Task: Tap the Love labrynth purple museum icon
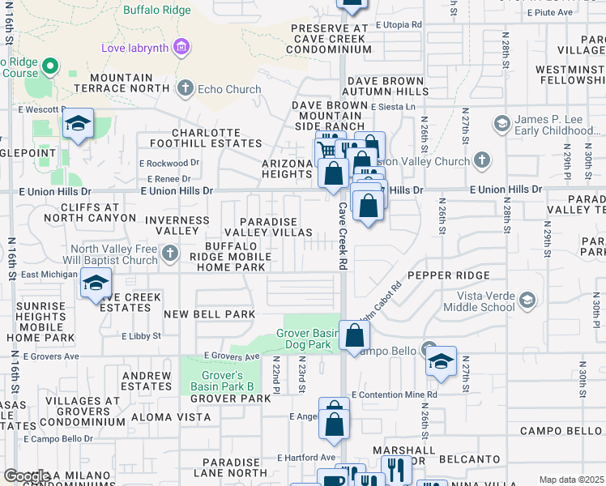182,47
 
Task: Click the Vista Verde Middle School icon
528,301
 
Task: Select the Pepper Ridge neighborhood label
438,275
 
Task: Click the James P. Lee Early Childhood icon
501,124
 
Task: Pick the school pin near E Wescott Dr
78,124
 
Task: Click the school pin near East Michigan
96,283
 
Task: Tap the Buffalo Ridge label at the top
157,11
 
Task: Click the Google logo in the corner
26,476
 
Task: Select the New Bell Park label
209,313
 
